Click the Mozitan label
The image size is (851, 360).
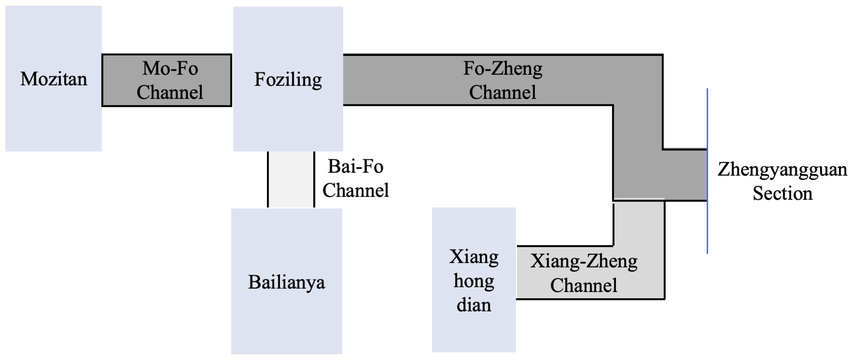(x=53, y=79)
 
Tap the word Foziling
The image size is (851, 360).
(x=288, y=80)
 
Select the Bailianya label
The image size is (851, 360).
(x=286, y=282)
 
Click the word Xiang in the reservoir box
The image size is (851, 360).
(x=473, y=257)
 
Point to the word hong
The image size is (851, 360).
(x=473, y=281)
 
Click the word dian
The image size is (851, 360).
(x=473, y=305)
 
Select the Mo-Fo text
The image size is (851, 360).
(x=170, y=68)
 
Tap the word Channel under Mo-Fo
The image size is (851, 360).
(x=170, y=92)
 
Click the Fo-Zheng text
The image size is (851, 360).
(x=502, y=68)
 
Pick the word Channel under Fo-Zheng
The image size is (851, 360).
(x=502, y=92)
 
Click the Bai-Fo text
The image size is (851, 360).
(x=355, y=167)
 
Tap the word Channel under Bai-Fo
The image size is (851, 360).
(x=356, y=190)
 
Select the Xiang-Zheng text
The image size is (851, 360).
(x=583, y=261)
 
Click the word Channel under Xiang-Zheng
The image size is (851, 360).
(x=583, y=285)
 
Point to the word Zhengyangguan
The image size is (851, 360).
(x=782, y=170)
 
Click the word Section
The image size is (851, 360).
(x=782, y=193)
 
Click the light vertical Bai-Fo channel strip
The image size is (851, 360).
(x=291, y=179)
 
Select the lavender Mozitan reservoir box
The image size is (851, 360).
(x=53, y=121)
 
